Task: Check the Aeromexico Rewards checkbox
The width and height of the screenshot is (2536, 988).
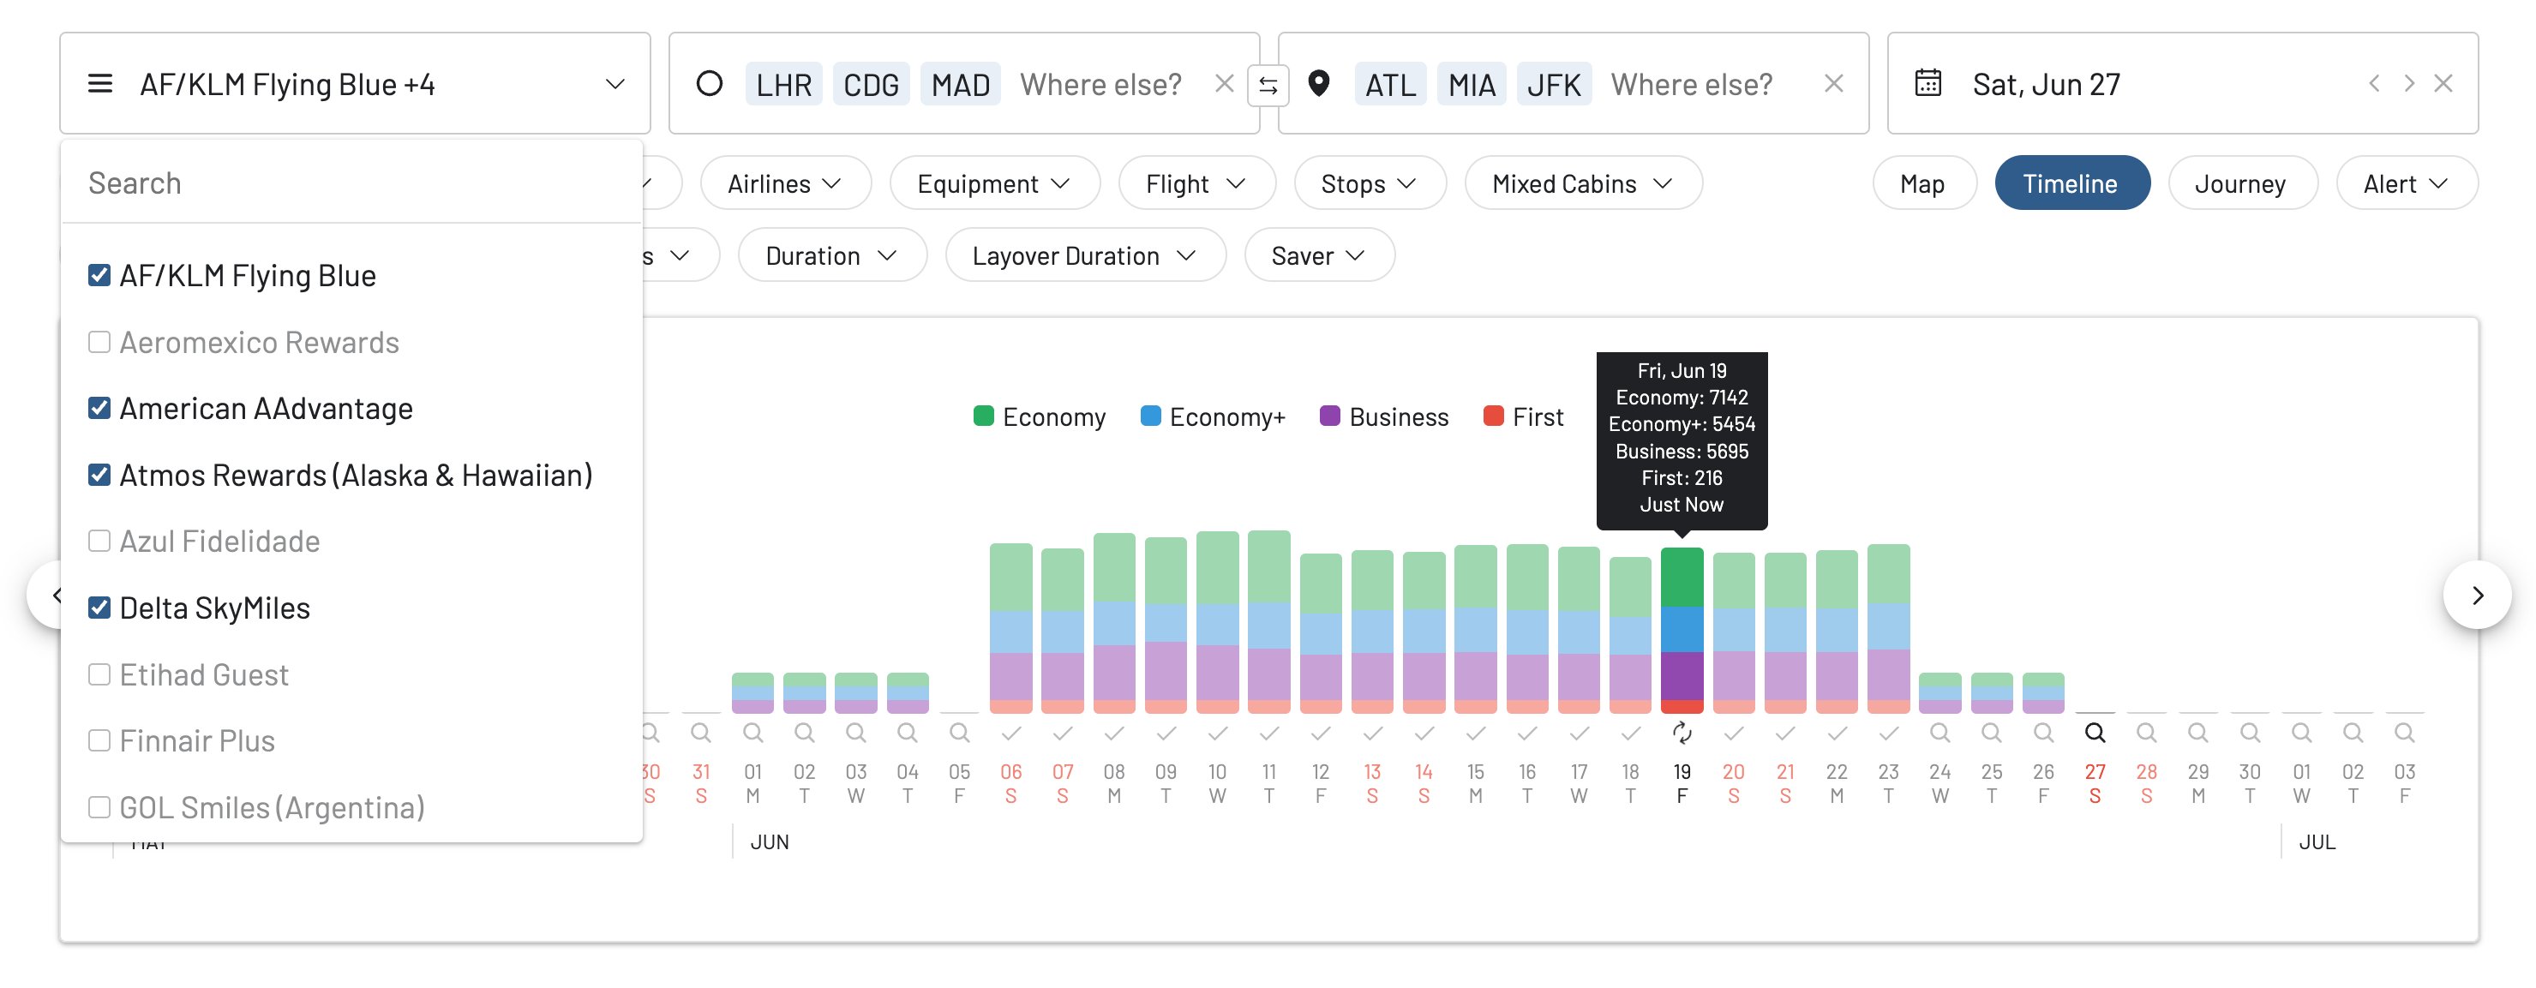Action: point(99,343)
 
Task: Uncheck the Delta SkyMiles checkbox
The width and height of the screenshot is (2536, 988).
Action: point(99,608)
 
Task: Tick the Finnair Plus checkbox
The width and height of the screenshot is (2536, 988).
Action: point(99,741)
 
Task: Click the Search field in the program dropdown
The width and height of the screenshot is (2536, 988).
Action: point(351,184)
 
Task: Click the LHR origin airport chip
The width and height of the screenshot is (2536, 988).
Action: point(782,85)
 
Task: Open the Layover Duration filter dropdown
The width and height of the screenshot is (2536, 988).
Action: point(1084,256)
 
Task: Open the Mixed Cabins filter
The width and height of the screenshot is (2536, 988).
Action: point(1582,184)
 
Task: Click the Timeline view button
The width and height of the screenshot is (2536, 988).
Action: point(2071,184)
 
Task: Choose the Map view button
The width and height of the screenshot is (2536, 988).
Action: point(1921,184)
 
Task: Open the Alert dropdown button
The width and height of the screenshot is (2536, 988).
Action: point(2405,184)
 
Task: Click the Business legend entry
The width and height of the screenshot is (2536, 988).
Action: point(1384,417)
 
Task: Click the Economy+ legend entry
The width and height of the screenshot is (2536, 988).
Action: point(1213,417)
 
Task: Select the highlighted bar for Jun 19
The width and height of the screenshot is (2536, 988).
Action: point(1682,630)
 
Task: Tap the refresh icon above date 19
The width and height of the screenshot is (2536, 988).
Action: point(1682,734)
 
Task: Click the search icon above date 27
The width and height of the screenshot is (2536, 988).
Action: point(2095,734)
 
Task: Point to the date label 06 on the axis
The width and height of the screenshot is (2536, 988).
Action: point(1011,772)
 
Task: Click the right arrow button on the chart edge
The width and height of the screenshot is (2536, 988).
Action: point(2477,596)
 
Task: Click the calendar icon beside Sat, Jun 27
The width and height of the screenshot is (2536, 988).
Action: point(1927,84)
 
